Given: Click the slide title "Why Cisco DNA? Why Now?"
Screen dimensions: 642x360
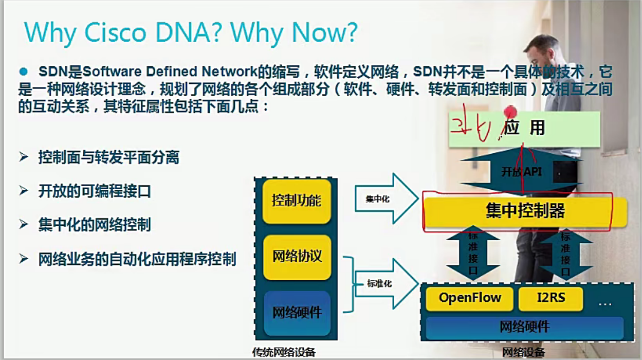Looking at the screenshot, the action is (x=190, y=33).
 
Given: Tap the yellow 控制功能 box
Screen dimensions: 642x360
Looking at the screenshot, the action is (x=296, y=201).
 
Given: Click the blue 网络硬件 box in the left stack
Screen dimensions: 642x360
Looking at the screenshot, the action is (x=297, y=313).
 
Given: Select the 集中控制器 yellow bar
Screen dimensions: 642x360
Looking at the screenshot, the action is (x=524, y=211).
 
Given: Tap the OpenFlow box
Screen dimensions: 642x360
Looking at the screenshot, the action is (x=469, y=298).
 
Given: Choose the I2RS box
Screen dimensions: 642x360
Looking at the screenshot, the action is (x=551, y=298).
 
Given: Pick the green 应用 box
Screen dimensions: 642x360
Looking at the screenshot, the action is (x=524, y=128).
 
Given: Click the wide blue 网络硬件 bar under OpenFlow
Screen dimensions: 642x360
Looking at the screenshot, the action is (x=524, y=327).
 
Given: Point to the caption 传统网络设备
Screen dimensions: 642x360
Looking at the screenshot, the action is (x=284, y=353).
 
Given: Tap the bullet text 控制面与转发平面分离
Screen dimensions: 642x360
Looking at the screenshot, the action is (x=108, y=157).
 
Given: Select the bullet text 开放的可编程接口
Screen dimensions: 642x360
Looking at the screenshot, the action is (x=95, y=191).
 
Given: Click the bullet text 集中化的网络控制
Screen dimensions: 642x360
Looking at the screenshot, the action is (x=95, y=225).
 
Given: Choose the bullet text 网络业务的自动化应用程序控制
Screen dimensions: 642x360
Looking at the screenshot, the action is (x=137, y=259).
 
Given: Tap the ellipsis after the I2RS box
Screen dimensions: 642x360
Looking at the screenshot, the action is (x=604, y=303).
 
